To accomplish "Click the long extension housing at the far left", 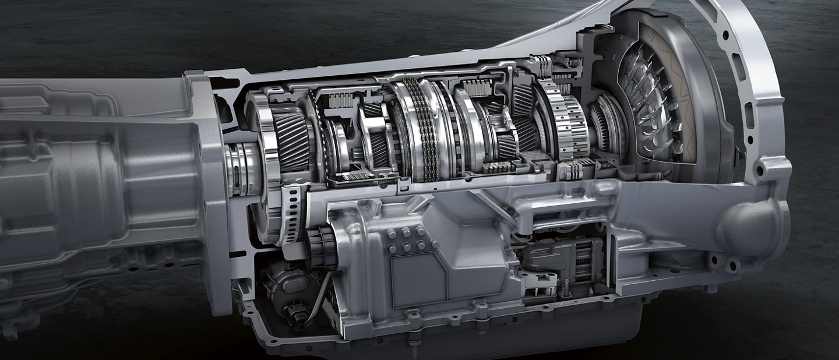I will point(87,175).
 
